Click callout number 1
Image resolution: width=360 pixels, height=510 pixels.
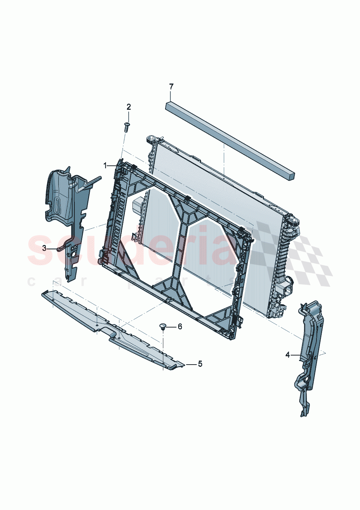click(x=105, y=166)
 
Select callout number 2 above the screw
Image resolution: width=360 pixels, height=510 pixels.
click(x=128, y=107)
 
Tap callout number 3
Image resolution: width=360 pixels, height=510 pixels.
click(x=44, y=248)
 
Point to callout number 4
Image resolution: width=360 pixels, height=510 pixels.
click(x=287, y=355)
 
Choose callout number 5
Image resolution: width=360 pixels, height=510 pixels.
click(x=200, y=364)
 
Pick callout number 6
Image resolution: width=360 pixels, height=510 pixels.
click(x=180, y=327)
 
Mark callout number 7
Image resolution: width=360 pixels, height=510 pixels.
click(x=171, y=87)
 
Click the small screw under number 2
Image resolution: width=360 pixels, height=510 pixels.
click(x=126, y=127)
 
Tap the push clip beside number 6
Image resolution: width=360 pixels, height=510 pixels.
click(x=163, y=326)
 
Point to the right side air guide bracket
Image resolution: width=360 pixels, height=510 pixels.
click(x=308, y=353)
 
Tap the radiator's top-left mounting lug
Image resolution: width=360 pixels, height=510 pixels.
click(x=152, y=139)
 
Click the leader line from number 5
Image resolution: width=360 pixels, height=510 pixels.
click(x=191, y=364)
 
